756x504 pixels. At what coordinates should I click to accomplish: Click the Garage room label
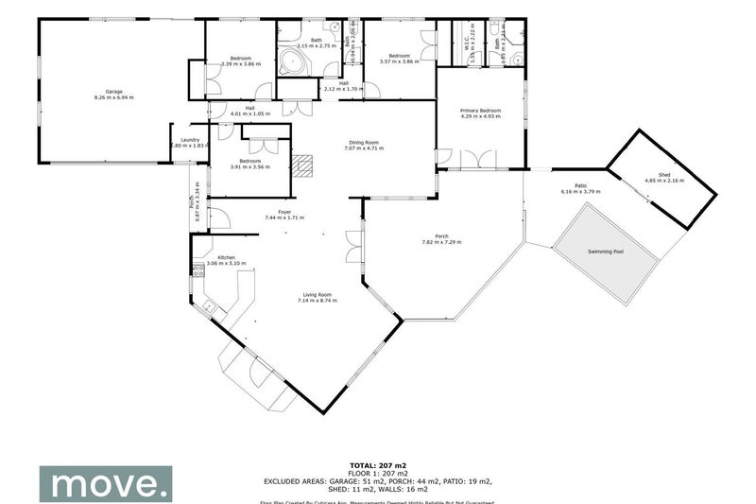113,91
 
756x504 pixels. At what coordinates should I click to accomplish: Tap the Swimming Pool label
606,252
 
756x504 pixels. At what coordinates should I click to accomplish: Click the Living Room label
317,294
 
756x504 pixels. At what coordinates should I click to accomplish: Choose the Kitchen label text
227,258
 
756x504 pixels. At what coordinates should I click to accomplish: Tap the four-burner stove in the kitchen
198,271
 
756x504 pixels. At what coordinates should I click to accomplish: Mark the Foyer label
283,212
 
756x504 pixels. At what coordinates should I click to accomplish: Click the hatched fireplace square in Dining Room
302,166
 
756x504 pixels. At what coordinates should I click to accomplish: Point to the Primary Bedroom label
480,111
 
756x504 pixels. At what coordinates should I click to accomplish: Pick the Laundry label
188,140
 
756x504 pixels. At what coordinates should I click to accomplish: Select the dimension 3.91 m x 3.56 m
249,167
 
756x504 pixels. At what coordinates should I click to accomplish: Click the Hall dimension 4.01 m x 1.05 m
249,113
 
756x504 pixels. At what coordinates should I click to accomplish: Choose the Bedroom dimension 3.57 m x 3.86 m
399,62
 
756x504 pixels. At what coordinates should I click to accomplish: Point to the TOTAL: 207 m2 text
378,466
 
